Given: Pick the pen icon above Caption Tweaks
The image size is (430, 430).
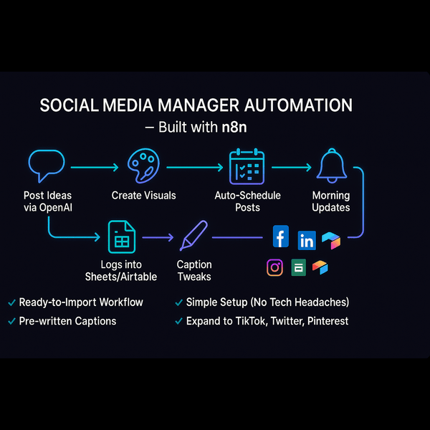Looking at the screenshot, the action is (194, 235).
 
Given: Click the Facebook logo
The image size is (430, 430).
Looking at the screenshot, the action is (281, 236).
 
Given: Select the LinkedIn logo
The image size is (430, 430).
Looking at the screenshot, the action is (307, 241).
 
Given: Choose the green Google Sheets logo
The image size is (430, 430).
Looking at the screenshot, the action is (298, 267).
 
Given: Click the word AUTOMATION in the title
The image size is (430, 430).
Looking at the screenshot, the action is (298, 105).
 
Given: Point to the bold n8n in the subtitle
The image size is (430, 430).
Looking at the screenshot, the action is (234, 128).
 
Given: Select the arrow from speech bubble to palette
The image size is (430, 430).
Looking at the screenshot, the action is (95, 167).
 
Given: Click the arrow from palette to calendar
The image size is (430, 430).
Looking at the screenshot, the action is (195, 167).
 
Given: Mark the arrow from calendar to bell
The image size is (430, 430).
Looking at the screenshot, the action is (292, 167).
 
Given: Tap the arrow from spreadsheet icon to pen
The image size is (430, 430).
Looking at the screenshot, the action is (158, 237).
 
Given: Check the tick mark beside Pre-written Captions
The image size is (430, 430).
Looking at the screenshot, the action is (11, 321).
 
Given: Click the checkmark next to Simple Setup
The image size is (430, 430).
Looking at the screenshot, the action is (178, 302).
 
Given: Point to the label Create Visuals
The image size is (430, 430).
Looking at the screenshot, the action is (144, 196).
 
